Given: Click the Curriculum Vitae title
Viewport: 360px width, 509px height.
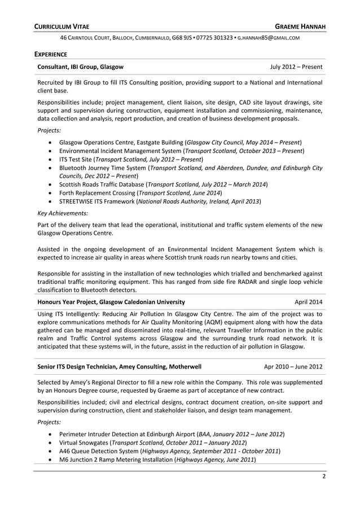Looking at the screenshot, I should click(x=62, y=27).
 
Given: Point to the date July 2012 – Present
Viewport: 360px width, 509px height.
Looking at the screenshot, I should click(x=296, y=67).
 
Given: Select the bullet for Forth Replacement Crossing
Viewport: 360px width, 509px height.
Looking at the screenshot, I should click(x=52, y=192).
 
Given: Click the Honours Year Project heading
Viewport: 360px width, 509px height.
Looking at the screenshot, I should click(x=111, y=301).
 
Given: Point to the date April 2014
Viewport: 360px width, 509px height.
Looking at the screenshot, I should click(x=309, y=301).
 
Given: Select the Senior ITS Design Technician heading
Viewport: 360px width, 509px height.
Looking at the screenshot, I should click(x=119, y=366).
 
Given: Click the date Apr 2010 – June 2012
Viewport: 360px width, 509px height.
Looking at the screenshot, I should click(x=293, y=366).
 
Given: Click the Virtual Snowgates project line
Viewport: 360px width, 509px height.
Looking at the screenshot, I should click(x=152, y=442).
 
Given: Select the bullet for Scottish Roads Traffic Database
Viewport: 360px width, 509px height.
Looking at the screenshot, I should click(x=52, y=184).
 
